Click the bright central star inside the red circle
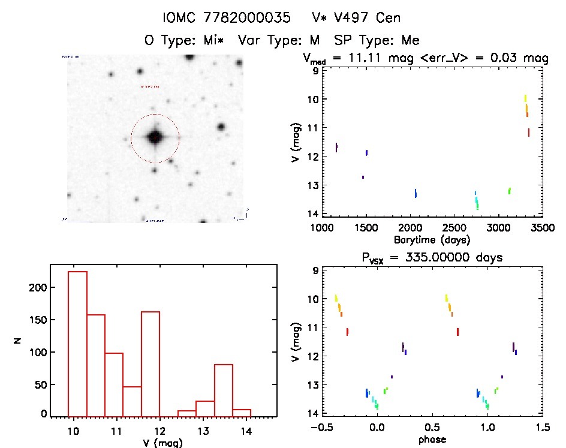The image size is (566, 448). pyautogui.click(x=155, y=137)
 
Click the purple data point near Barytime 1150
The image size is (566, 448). pyautogui.click(x=336, y=147)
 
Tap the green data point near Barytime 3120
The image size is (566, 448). pyautogui.click(x=509, y=191)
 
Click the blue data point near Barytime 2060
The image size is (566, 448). pyautogui.click(x=416, y=193)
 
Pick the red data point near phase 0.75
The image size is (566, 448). pyautogui.click(x=457, y=331)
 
